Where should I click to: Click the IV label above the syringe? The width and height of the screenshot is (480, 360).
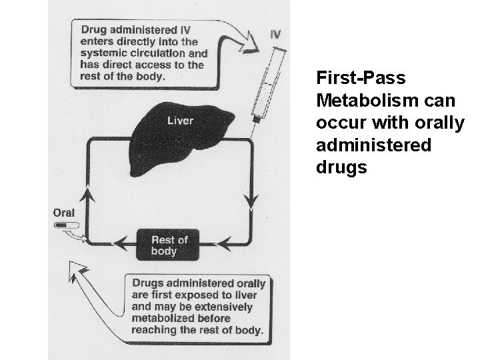(275, 34)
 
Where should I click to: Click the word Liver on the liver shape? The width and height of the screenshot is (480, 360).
(180, 121)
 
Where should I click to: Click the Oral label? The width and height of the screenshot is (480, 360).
(64, 213)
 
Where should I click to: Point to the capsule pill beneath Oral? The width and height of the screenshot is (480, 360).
(66, 227)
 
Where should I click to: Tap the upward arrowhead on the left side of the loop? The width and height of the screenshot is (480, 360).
(85, 194)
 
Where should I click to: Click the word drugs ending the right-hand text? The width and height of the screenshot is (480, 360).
(341, 167)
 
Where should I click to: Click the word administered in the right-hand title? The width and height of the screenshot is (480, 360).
(373, 145)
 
